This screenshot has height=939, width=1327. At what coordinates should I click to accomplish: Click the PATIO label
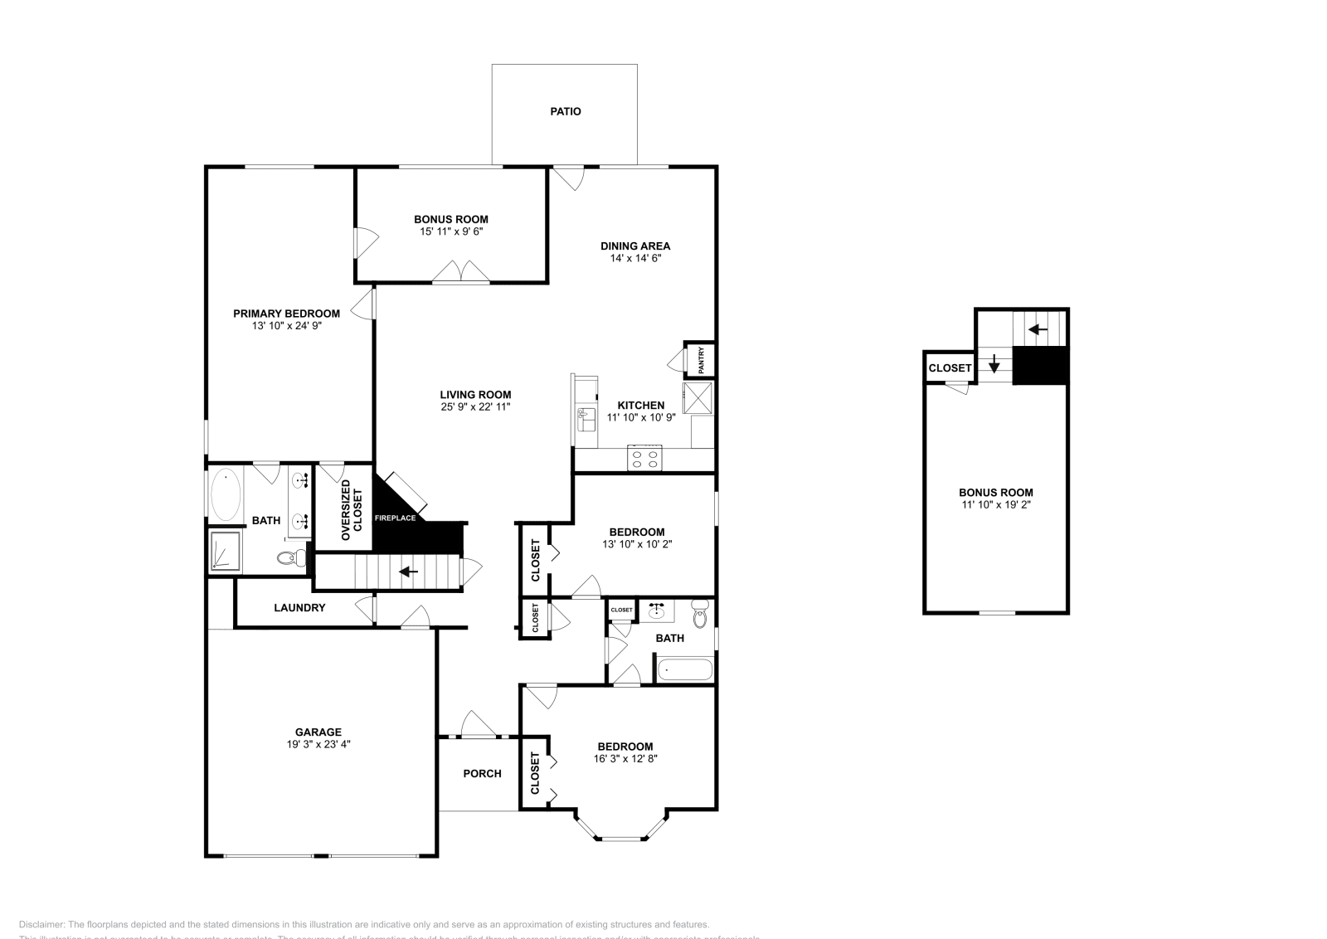tap(566, 111)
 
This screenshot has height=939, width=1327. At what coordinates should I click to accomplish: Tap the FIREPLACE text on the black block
tap(395, 518)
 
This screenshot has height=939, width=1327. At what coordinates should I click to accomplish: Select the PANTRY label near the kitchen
tap(701, 359)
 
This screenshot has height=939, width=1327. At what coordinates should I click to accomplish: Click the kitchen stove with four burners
tap(644, 458)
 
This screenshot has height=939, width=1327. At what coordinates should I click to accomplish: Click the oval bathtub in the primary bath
tap(225, 494)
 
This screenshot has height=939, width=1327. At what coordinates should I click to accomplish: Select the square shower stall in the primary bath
tap(224, 552)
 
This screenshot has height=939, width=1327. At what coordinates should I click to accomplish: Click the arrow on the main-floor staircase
tap(408, 572)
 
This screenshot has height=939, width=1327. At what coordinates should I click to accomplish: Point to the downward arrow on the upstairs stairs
tap(994, 363)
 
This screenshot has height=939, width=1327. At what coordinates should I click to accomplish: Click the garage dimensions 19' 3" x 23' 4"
tap(318, 745)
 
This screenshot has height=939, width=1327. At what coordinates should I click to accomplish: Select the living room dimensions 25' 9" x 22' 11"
tap(475, 407)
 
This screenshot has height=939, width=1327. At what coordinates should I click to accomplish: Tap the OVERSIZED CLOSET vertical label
tap(346, 510)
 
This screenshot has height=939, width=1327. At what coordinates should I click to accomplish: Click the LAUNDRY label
tap(299, 608)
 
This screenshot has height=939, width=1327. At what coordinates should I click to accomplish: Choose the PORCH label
tap(482, 774)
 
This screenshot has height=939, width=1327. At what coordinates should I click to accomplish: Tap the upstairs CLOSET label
tap(950, 368)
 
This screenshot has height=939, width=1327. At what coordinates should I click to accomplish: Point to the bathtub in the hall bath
tap(684, 669)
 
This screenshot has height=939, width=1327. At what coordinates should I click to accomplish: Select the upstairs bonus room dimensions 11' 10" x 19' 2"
tap(995, 504)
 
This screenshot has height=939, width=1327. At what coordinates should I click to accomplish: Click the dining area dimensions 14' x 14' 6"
tap(634, 258)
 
